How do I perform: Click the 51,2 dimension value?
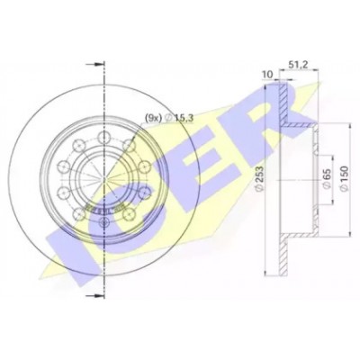[297, 64]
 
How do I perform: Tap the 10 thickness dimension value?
[268, 75]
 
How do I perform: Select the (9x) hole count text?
[153, 118]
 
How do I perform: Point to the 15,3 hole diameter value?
[183, 118]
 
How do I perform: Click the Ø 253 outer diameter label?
[259, 178]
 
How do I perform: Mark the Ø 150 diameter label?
[344, 178]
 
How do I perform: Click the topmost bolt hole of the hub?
[103, 138]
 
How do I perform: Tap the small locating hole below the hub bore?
[104, 222]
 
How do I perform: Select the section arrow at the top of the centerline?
[94, 65]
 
